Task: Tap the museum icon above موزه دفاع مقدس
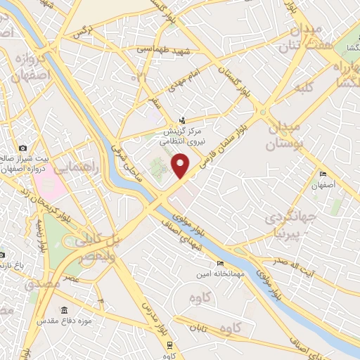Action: [x=64, y=311]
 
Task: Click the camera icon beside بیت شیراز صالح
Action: [x=23, y=148]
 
